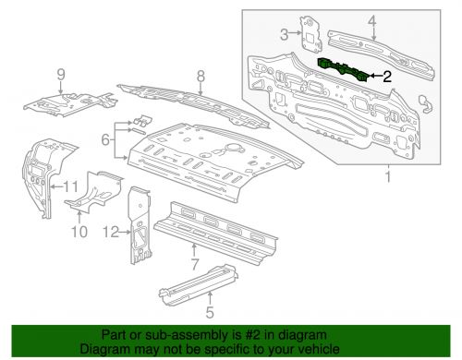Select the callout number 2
coord(389,78)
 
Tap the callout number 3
coord(286,36)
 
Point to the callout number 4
coord(371,20)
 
